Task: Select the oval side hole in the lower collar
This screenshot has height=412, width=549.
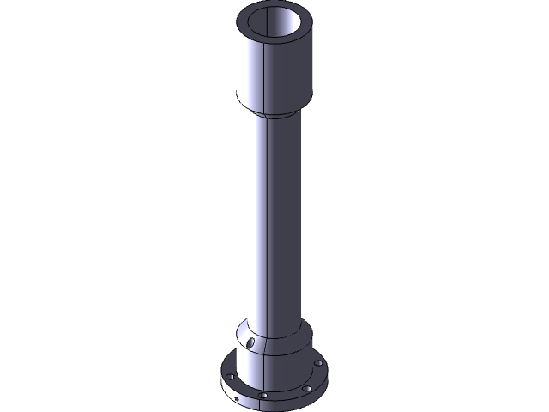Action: pyautogui.click(x=251, y=342)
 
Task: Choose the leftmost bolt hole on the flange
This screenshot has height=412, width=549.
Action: pyautogui.click(x=230, y=377)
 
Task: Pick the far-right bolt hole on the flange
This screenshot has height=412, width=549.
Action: pyautogui.click(x=319, y=363)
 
